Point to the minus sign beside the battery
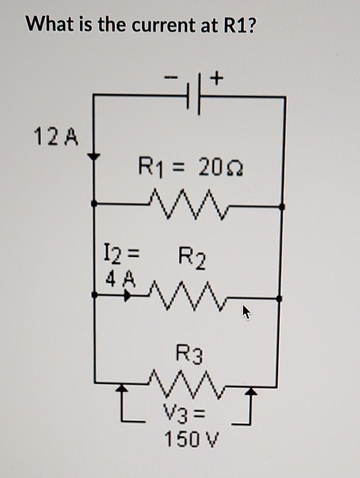click(x=171, y=79)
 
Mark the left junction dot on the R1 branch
click(x=94, y=203)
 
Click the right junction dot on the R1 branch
click(x=281, y=206)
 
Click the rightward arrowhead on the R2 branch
click(x=127, y=296)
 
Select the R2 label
click(x=192, y=258)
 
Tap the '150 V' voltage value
click(x=192, y=439)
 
